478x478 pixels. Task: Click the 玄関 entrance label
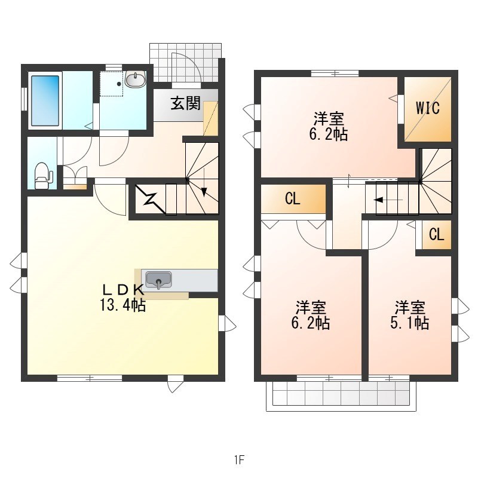pos(185,103)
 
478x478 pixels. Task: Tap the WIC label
pos(428,108)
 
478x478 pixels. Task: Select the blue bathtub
pos(45,100)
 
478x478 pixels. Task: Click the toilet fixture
pos(43,176)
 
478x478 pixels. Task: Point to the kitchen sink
pos(158,280)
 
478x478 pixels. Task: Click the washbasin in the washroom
pos(136,80)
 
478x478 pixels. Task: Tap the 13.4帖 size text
pos(123,304)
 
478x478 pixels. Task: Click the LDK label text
pos(123,289)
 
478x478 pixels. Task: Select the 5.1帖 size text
pos(409,323)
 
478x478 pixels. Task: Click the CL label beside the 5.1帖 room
pos(437,234)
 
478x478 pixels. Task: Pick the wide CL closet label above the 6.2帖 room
pos(293,199)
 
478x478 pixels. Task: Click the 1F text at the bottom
pos(240,459)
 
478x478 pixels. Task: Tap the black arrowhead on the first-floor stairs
pos(204,192)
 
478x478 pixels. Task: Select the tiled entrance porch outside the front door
pos(185,63)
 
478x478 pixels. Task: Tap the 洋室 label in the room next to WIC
pos(329,118)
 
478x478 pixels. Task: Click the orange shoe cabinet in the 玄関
pos(211,118)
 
